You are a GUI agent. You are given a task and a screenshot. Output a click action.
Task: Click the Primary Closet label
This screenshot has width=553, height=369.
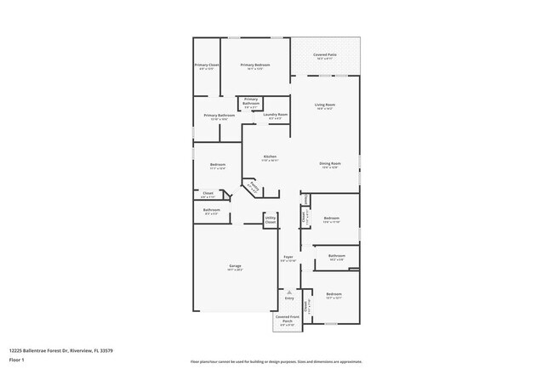point(207,66)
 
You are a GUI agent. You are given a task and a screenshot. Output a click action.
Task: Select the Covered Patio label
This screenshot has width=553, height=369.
point(324,56)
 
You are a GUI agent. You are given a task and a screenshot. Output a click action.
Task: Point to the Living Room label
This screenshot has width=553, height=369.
point(325,106)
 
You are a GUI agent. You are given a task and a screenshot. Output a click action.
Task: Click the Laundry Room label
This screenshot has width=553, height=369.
point(276,116)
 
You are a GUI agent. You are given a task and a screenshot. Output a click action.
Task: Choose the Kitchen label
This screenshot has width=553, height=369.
point(270,157)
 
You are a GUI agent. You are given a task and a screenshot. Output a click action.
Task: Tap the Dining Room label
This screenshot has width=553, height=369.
point(330,165)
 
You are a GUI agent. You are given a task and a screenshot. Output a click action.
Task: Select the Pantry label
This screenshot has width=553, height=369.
point(254,185)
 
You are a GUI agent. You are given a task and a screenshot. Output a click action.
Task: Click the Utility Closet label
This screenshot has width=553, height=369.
point(271,220)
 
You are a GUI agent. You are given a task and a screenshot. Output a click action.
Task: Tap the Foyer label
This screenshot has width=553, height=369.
point(288,258)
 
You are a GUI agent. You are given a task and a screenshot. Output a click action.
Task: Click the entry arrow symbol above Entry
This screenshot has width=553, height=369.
point(289,292)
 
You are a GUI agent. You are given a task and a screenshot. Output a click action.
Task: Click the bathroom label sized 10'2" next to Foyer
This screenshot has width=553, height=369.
point(337,257)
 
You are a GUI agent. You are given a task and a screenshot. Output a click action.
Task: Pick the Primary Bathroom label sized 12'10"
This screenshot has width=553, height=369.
point(219,116)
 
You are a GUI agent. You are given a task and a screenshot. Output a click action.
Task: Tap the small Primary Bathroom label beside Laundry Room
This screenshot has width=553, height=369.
point(251,105)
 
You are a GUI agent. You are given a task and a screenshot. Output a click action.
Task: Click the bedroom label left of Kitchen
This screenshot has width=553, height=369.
point(217,166)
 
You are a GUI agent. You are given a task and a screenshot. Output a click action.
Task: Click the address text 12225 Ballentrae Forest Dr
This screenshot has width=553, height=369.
point(61,350)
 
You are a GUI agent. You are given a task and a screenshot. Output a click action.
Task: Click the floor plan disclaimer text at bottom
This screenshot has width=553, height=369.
point(276,360)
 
